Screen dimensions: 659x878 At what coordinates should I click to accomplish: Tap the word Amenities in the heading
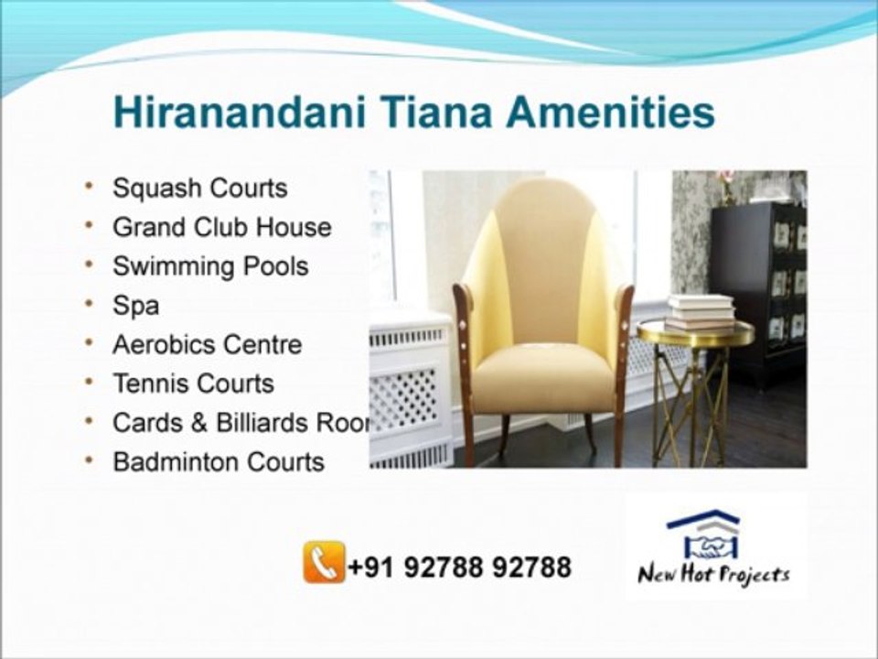click(611, 113)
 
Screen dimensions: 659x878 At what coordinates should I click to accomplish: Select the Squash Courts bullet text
click(199, 189)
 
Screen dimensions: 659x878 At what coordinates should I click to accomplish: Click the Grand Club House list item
click(221, 227)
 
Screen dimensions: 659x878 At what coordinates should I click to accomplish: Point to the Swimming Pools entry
click(210, 266)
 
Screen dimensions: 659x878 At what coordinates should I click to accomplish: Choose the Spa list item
click(135, 306)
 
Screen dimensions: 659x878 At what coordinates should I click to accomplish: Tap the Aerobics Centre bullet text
click(207, 345)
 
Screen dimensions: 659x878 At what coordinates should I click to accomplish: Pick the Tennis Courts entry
click(193, 384)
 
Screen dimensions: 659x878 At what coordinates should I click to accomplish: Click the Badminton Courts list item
click(218, 462)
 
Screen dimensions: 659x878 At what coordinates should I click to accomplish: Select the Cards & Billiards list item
click(240, 423)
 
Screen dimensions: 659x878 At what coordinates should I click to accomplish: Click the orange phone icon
click(324, 562)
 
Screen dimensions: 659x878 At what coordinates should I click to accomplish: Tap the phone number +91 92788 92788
click(459, 567)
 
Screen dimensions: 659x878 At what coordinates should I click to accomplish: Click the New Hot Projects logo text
click(713, 576)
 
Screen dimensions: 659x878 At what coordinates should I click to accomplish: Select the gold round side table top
click(695, 334)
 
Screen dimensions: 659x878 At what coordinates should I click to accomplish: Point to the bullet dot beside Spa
click(90, 303)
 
